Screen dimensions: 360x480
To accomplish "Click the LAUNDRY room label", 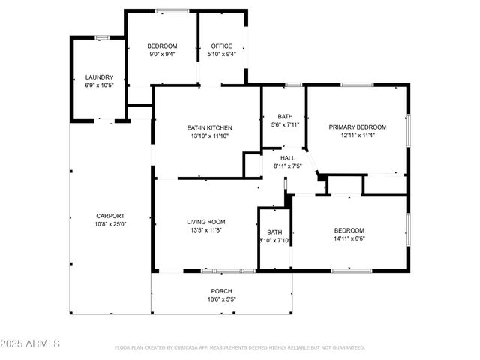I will (99, 76).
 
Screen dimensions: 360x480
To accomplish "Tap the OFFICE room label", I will (221, 46).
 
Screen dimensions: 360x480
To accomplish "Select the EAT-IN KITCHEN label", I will (209, 127).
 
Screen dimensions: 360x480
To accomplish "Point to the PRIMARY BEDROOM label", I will (358, 127).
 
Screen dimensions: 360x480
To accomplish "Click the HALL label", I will (288, 158).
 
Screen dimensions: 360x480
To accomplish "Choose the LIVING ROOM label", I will (206, 222).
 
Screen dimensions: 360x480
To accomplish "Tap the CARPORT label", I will (110, 216).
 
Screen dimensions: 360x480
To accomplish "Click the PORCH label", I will (221, 291).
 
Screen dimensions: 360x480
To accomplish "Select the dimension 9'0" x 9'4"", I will (162, 54).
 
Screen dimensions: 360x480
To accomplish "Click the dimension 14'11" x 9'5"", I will (349, 238).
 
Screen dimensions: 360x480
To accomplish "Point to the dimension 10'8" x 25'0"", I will (110, 224).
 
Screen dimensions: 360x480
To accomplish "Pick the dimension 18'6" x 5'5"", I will (221, 299).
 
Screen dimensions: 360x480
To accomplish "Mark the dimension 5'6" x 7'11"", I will (286, 124).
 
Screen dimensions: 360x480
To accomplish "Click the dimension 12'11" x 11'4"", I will (358, 136).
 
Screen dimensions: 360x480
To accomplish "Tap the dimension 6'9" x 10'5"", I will (99, 85).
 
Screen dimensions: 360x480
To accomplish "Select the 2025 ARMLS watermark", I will (31, 343).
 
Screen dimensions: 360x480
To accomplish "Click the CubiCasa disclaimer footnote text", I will (239, 347).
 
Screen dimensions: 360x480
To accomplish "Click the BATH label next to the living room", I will (274, 232).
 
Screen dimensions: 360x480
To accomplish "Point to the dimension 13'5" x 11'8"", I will (206, 230).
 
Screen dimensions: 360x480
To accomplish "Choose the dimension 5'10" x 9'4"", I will (221, 54).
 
